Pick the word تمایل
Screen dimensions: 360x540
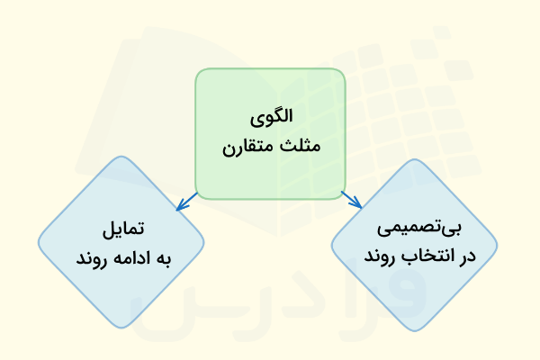(121, 229)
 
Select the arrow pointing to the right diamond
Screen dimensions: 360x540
(350, 199)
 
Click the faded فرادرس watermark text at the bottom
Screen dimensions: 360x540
(270, 301)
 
